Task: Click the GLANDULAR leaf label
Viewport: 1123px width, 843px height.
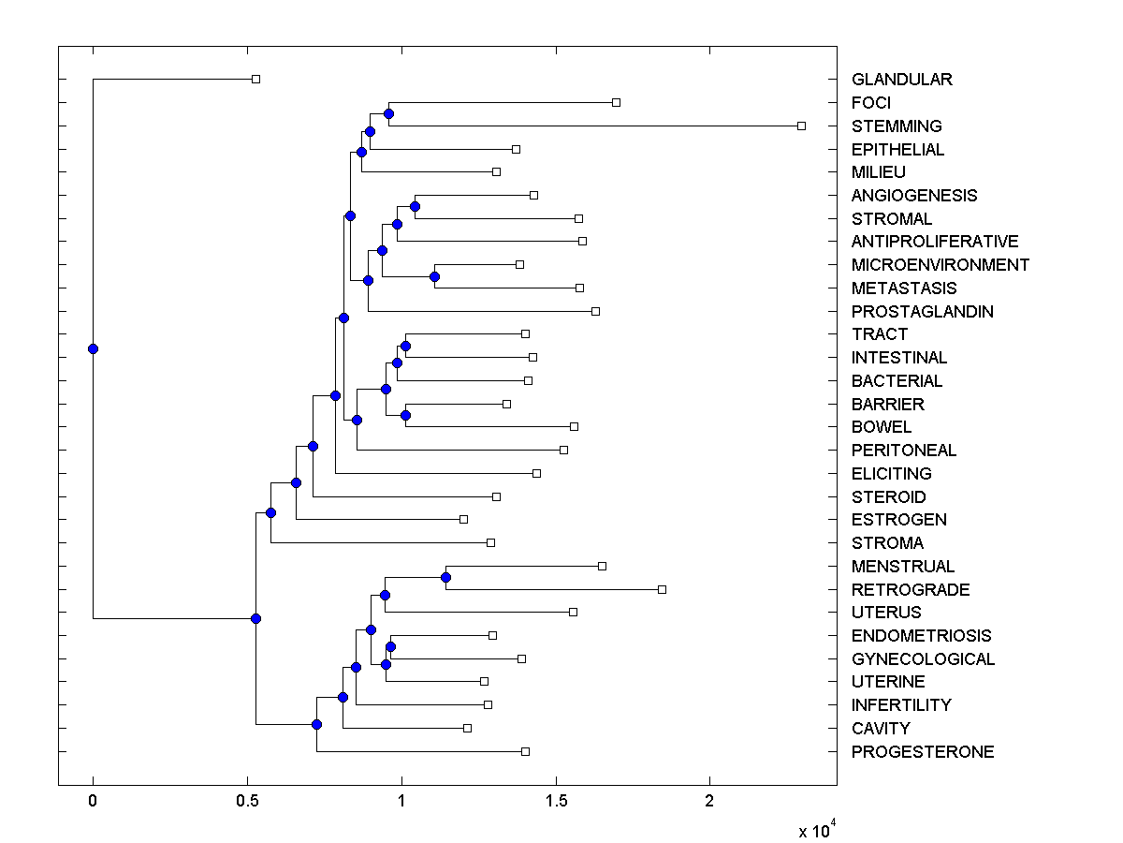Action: [901, 80]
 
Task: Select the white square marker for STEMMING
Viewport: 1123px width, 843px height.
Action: [801, 126]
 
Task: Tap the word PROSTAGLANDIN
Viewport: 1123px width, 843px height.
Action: [922, 311]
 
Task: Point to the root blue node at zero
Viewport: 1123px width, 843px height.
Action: [93, 349]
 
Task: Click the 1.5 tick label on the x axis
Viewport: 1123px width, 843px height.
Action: [556, 802]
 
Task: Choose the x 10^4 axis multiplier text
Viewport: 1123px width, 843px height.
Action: [811, 830]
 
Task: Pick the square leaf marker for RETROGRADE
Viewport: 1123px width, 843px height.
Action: [662, 589]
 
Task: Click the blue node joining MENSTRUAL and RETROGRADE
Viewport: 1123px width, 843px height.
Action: [446, 578]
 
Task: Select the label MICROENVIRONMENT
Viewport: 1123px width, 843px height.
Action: [940, 265]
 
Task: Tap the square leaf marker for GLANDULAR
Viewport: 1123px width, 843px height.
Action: [255, 80]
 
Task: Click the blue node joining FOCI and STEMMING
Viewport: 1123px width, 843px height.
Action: [389, 114]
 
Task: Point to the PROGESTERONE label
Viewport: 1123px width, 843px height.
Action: [922, 751]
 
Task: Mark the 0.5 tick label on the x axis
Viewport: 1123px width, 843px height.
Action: [247, 802]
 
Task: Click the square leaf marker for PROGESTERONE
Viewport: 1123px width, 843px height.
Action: [525, 751]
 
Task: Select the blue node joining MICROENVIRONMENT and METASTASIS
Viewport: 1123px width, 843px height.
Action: [434, 276]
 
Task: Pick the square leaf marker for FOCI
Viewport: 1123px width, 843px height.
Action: [616, 102]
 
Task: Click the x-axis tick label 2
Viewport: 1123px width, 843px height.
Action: [709, 802]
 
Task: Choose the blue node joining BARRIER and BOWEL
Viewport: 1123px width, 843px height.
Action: [405, 415]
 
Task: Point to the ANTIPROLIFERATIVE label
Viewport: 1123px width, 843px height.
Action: [934, 242]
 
